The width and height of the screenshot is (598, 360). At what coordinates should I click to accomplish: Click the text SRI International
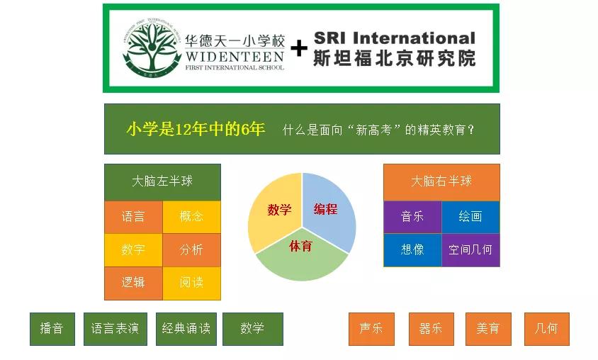tap(394, 38)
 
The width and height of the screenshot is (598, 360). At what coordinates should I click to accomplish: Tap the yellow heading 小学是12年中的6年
tap(196, 129)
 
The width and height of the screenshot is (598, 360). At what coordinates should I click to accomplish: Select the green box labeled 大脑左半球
tap(162, 181)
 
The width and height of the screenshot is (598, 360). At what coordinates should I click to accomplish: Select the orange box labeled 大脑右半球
tap(441, 181)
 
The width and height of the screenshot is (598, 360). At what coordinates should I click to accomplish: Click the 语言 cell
tap(133, 217)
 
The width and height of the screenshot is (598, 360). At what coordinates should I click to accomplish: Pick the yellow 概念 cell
tap(191, 217)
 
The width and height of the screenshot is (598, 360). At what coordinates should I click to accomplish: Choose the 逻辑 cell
tap(133, 283)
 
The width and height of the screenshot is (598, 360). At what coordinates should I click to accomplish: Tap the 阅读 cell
tap(191, 283)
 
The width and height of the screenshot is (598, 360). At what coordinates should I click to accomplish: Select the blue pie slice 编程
tap(328, 210)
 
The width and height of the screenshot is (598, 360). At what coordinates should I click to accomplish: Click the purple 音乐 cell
tap(412, 217)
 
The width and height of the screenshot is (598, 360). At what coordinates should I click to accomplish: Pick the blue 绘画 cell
tap(470, 217)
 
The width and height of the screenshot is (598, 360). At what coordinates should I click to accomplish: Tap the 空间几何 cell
tap(470, 250)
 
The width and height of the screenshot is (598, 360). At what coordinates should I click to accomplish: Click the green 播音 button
tap(52, 329)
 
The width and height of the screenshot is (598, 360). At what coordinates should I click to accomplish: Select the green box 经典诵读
tap(186, 329)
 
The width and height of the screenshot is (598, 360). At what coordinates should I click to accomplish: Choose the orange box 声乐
tap(371, 329)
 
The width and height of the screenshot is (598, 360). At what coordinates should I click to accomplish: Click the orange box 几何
tap(546, 329)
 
